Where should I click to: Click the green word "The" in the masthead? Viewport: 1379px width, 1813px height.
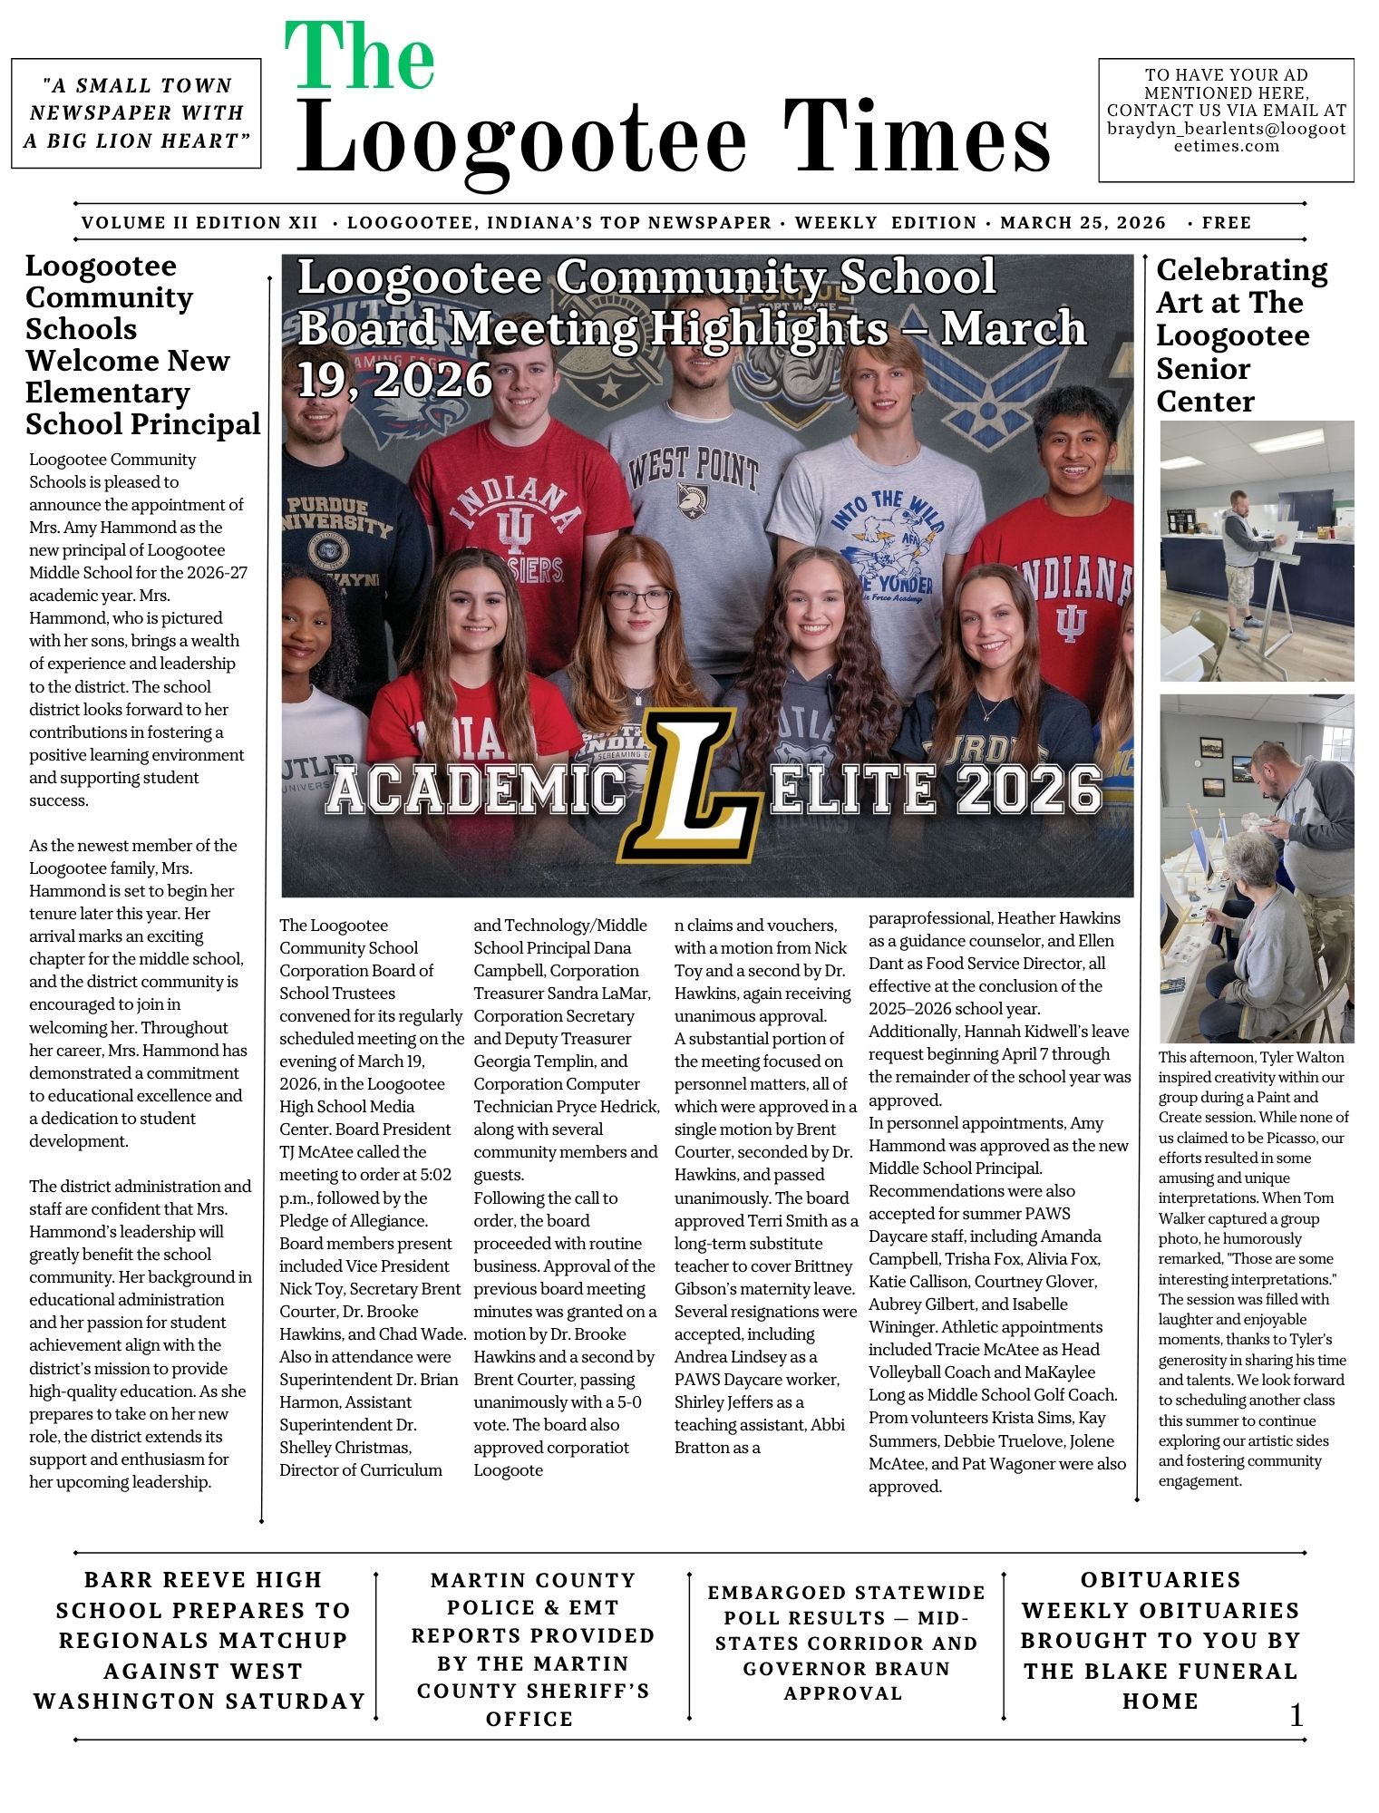(360, 58)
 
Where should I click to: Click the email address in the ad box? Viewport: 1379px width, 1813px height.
(1226, 137)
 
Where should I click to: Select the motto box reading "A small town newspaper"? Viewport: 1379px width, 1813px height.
(136, 113)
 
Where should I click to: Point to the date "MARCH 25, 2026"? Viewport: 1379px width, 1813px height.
(1083, 223)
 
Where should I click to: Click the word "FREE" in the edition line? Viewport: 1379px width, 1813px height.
(1226, 223)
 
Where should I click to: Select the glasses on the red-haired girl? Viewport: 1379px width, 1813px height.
(639, 598)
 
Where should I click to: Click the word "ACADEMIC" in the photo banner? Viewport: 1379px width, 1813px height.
(475, 789)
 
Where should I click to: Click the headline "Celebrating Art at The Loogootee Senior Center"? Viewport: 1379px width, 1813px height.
(1241, 335)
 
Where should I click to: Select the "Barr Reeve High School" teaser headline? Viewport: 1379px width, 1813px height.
(200, 1641)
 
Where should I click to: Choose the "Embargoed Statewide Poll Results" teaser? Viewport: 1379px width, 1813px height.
(845, 1643)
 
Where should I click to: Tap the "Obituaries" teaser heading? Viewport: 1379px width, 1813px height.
(1160, 1580)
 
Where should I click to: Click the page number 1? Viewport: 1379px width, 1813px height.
(1296, 1714)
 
